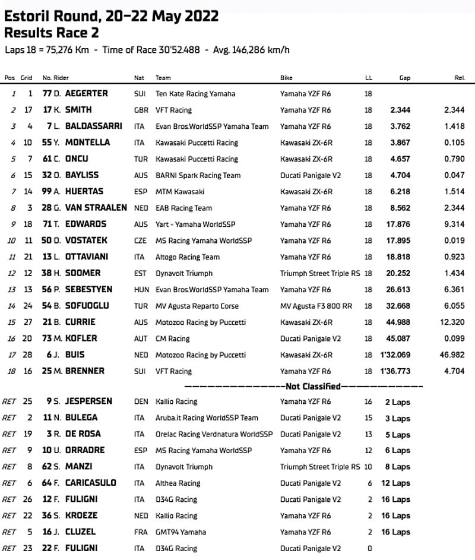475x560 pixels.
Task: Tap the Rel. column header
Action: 459,78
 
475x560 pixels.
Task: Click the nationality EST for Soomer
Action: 140,273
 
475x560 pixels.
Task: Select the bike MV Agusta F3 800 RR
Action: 318,306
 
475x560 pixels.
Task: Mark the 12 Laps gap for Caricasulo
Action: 397,483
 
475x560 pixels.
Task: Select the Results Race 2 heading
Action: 52,32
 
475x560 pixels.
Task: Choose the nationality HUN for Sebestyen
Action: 141,290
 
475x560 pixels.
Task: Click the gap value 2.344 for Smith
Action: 401,110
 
